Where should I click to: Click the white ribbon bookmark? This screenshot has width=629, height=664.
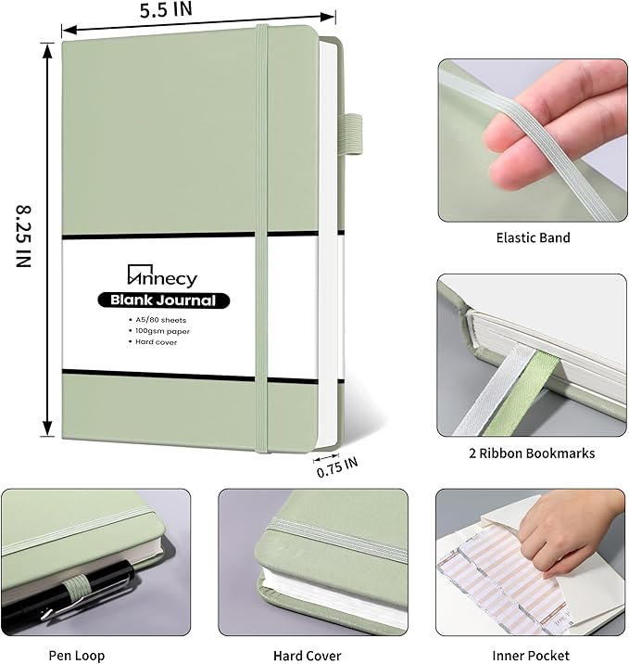click(x=495, y=389)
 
